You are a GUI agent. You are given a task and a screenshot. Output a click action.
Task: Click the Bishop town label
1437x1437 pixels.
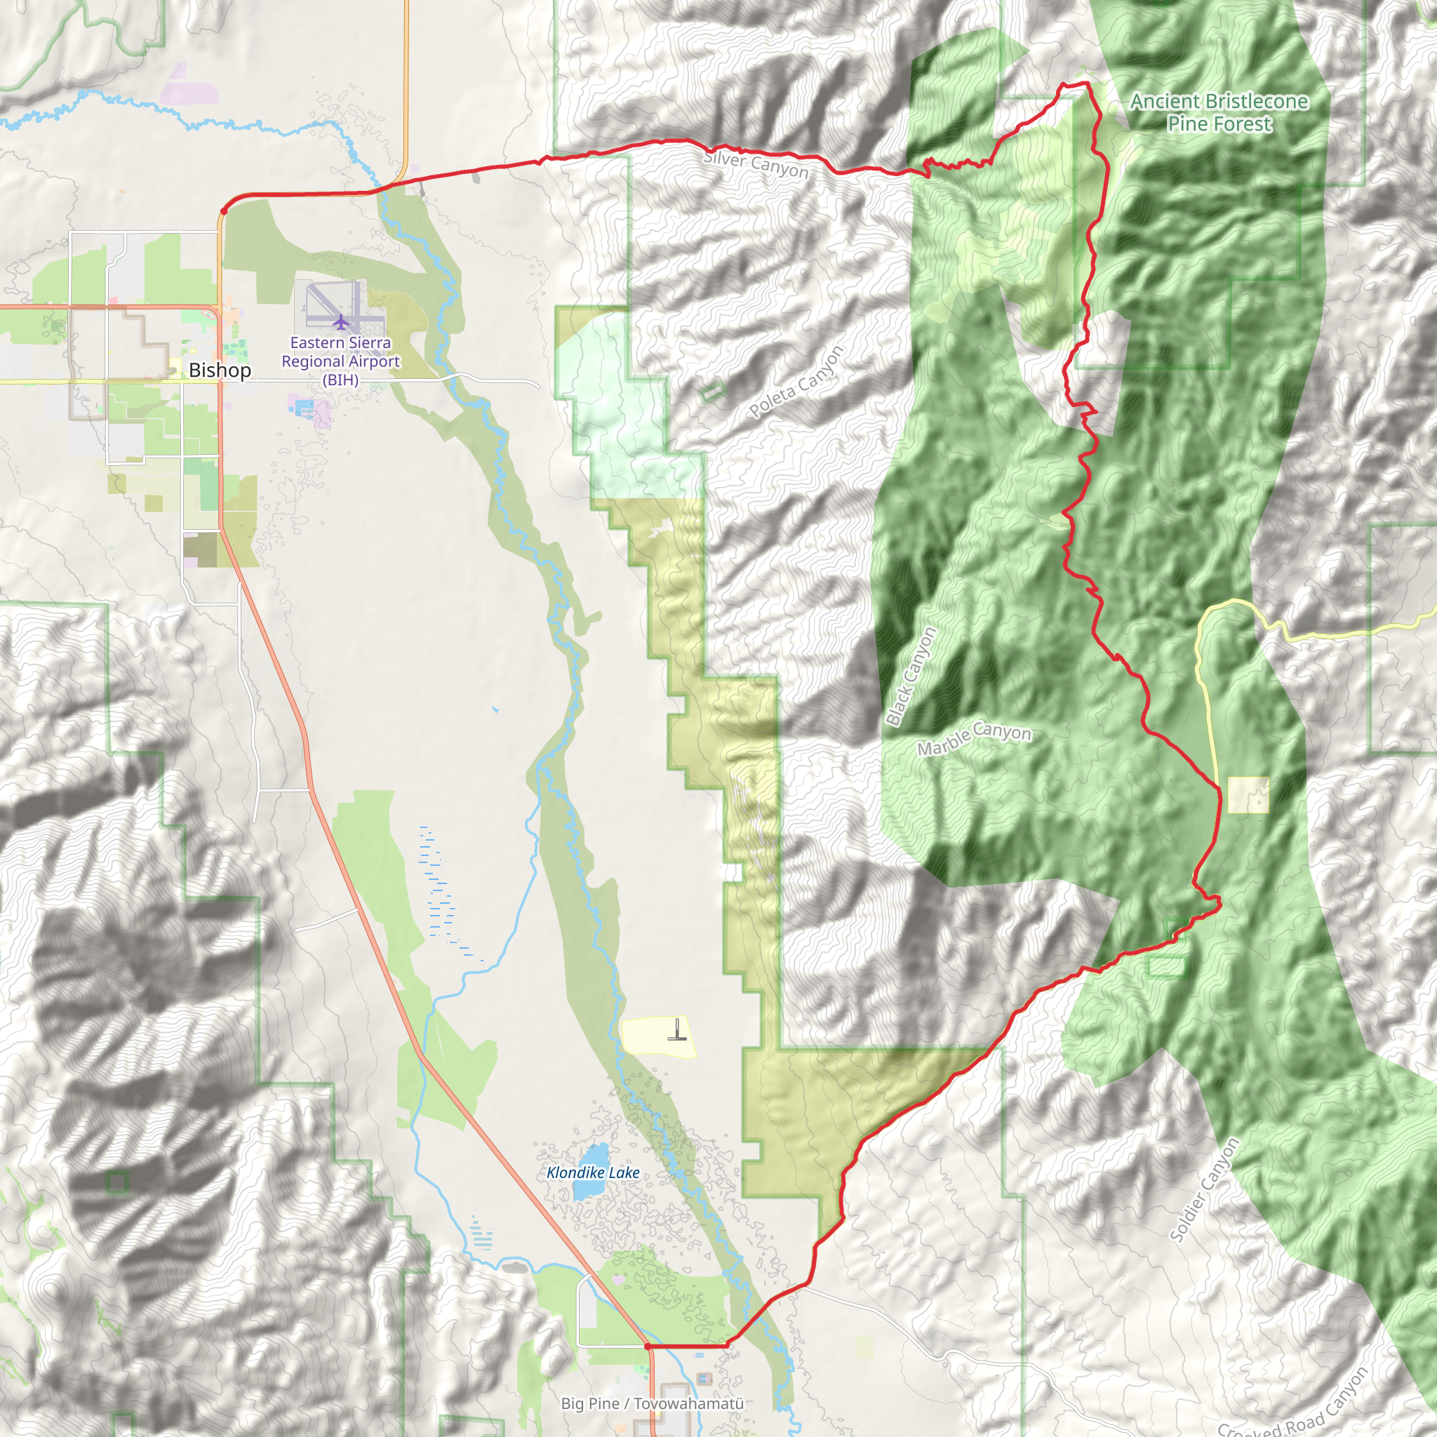pos(220,370)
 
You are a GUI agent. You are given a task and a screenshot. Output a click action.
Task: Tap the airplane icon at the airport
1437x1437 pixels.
pos(340,322)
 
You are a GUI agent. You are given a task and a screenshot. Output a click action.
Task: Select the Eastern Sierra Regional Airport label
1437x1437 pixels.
pos(340,361)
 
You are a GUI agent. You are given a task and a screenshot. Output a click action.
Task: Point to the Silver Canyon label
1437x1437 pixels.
pos(756,164)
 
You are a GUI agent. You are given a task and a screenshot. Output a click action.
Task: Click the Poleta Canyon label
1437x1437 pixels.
pos(796,382)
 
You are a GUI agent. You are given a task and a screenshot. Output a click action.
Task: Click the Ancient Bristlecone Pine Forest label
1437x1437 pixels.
pos(1219,112)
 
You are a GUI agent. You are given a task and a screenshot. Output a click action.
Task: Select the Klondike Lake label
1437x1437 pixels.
pos(593,1173)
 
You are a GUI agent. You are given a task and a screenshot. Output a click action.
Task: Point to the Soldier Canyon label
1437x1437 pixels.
pos(1204,1191)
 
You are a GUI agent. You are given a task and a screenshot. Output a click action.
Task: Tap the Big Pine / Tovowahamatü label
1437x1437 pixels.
pos(653,1403)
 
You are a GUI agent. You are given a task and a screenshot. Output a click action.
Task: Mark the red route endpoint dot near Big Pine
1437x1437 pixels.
pos(648,1346)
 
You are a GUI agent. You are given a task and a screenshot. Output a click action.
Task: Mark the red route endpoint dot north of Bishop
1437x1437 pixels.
pos(223,211)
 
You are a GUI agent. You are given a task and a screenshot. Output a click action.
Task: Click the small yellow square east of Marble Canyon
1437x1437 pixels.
pos(1248,795)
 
